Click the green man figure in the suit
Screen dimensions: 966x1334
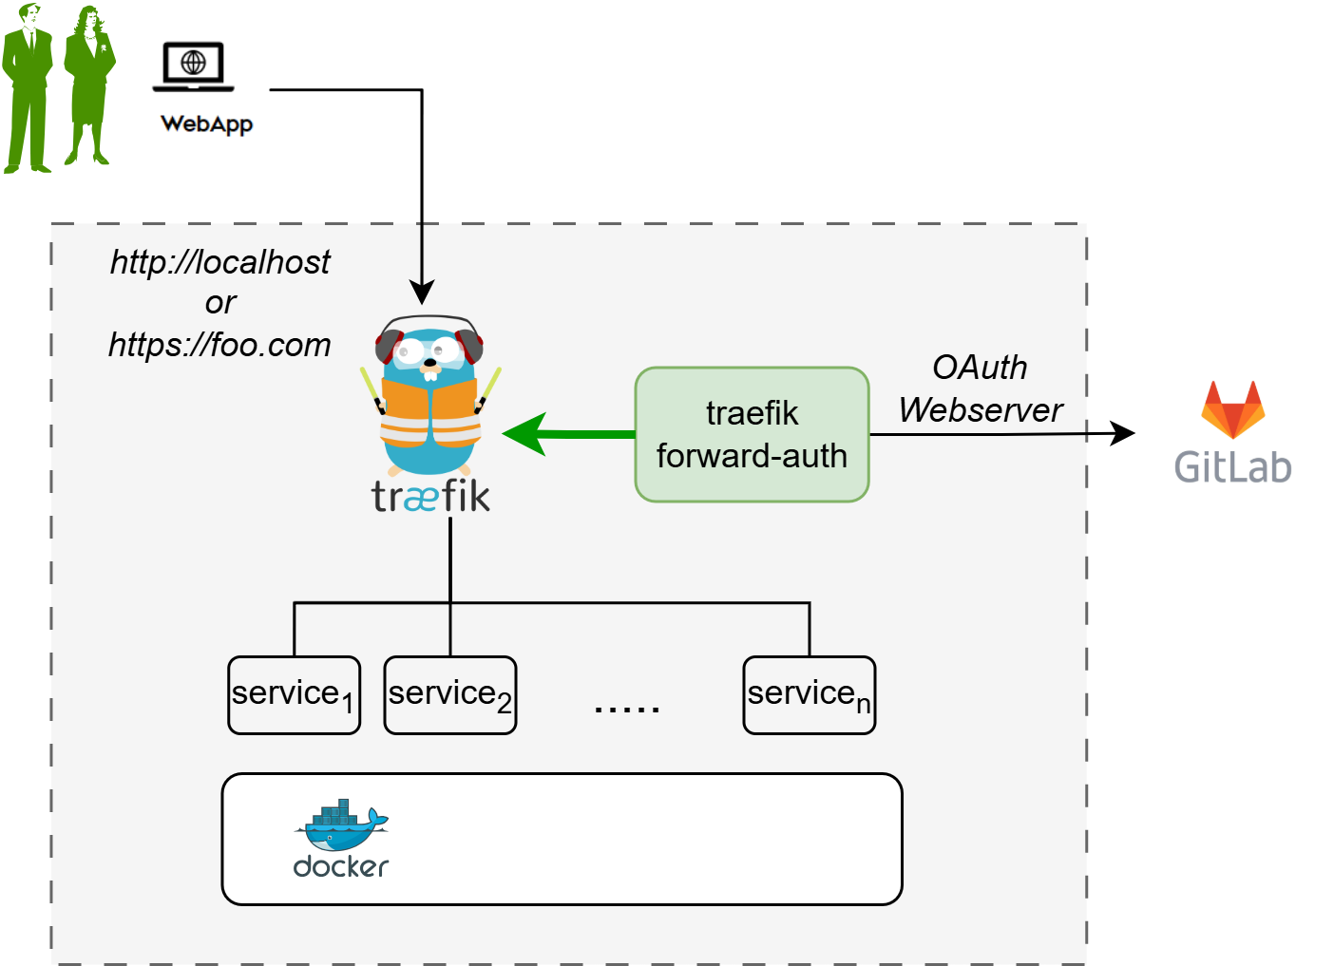[x=28, y=90]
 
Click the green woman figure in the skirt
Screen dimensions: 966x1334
[x=89, y=85]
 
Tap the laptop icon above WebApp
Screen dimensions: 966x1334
[x=193, y=66]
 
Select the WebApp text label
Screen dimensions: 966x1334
[x=206, y=123]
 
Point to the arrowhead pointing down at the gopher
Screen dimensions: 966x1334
[x=422, y=292]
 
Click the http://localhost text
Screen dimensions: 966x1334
[x=219, y=262]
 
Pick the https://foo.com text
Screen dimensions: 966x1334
[x=219, y=344]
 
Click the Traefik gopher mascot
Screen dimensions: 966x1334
[x=430, y=399]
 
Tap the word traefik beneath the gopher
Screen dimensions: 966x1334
[x=430, y=496]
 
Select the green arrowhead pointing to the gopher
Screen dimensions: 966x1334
[x=525, y=434]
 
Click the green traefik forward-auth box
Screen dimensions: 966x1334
[x=752, y=434]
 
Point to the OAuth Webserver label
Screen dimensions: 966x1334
[x=980, y=388]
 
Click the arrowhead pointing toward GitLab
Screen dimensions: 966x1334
[x=1123, y=434]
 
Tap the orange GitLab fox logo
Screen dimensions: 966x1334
[x=1232, y=409]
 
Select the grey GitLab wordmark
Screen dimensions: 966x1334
[x=1232, y=467]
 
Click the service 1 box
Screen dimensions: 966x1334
[x=294, y=695]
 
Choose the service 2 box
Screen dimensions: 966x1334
[x=449, y=695]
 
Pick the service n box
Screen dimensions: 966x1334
[x=809, y=695]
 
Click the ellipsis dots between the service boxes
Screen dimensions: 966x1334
[x=626, y=708]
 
